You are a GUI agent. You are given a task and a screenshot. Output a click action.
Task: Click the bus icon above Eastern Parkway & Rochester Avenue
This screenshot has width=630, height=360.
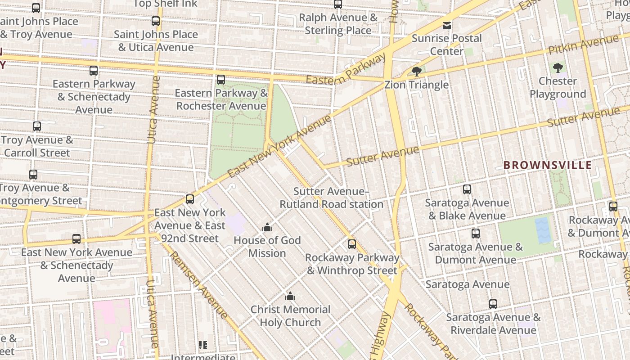click(221, 80)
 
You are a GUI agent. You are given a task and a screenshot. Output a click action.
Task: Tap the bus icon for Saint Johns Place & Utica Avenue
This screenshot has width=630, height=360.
click(156, 21)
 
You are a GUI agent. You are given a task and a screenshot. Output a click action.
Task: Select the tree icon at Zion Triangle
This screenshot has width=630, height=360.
click(417, 71)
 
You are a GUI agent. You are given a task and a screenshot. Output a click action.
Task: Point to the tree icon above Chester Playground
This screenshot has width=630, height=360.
click(558, 68)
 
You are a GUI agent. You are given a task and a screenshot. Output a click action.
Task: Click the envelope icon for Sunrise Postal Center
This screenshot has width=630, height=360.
click(447, 25)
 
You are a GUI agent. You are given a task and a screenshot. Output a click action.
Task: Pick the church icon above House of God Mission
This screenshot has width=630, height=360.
click(267, 227)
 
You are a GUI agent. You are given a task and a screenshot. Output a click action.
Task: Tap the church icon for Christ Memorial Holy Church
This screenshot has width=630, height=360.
click(290, 297)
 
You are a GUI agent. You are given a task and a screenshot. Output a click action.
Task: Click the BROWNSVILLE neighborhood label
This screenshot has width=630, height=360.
click(547, 165)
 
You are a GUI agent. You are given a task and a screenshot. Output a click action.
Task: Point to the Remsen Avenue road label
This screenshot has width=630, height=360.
click(198, 285)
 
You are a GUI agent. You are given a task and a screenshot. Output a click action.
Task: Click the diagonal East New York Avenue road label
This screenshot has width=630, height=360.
click(279, 145)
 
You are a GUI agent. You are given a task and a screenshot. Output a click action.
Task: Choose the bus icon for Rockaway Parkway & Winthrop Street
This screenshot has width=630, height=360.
click(352, 244)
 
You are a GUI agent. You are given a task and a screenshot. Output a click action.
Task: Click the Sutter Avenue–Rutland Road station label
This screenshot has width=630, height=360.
click(331, 198)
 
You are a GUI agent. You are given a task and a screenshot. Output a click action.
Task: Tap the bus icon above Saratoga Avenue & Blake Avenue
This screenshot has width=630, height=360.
click(467, 189)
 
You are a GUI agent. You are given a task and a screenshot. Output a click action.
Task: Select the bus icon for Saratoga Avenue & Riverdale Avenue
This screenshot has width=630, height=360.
click(493, 304)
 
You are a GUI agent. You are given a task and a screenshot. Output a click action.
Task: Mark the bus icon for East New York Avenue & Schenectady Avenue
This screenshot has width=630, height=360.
click(76, 239)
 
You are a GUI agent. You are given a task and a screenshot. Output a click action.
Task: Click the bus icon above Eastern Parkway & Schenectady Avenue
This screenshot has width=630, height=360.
click(94, 71)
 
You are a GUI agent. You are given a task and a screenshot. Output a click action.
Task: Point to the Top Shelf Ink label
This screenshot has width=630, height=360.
click(165, 4)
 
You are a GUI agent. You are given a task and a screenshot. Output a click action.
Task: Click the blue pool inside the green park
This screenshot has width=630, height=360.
click(543, 230)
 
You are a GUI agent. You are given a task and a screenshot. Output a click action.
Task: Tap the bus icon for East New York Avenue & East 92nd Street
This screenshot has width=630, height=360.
click(190, 199)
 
